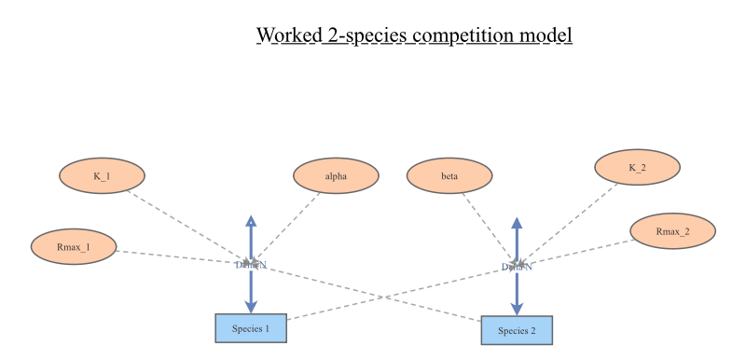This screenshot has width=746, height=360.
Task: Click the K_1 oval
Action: pyautogui.click(x=102, y=175)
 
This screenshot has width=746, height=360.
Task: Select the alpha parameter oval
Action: pyautogui.click(x=336, y=175)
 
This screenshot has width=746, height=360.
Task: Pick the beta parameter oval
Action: pyautogui.click(x=449, y=175)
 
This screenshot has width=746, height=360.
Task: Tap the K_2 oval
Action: pyautogui.click(x=637, y=168)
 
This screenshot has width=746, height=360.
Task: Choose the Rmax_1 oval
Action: pyautogui.click(x=73, y=247)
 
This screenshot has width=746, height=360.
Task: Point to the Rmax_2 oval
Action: pyautogui.click(x=672, y=231)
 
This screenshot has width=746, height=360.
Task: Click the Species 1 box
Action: pyautogui.click(x=251, y=328)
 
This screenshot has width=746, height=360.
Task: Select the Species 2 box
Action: pyautogui.click(x=517, y=330)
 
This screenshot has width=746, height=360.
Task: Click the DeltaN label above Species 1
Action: pyautogui.click(x=251, y=265)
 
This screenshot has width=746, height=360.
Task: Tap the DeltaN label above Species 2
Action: pyautogui.click(x=517, y=267)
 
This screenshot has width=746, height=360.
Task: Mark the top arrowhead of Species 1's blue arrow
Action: pyautogui.click(x=251, y=220)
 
